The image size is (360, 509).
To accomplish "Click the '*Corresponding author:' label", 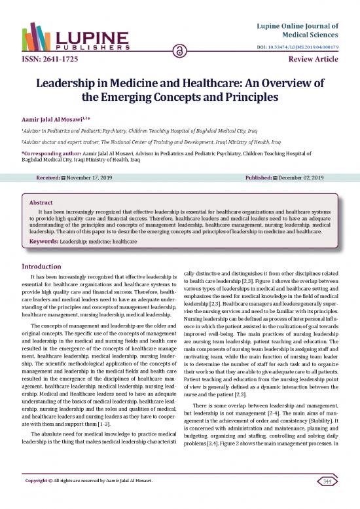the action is pyautogui.click(x=50, y=151).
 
